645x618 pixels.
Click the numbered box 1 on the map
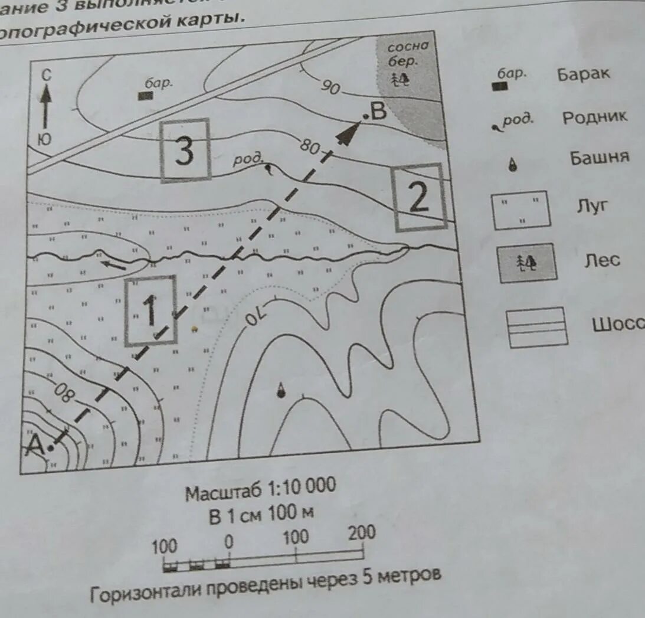tap(150, 310)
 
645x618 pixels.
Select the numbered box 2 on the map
tap(420, 197)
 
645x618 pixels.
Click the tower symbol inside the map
tap(281, 389)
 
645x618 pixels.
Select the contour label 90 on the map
tap(332, 87)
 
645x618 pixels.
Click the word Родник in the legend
tap(594, 117)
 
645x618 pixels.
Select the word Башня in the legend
tap(599, 158)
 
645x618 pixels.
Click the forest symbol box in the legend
tap(527, 262)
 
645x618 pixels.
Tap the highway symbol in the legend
tap(536, 326)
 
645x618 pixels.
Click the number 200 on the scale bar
tap(361, 533)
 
